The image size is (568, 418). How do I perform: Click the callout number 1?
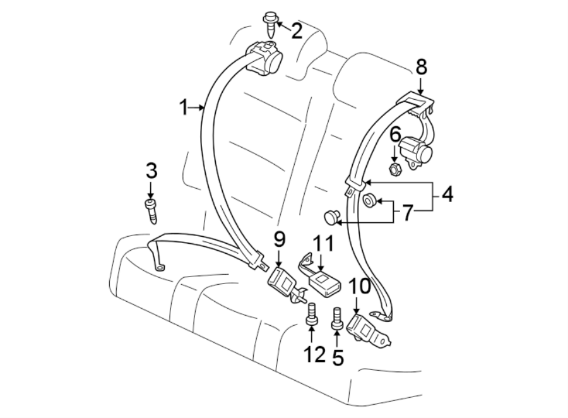[184, 108]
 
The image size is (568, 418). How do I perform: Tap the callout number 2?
[296, 29]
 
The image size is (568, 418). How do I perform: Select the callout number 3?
[150, 170]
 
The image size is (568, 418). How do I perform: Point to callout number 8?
[421, 68]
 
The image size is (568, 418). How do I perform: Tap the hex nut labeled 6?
[395, 169]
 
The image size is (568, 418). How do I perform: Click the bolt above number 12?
[311, 314]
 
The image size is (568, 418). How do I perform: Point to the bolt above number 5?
[336, 318]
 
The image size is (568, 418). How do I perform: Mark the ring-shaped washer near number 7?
[370, 201]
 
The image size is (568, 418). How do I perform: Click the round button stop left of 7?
[331, 217]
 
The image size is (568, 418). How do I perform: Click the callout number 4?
[447, 194]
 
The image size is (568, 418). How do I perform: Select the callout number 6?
[396, 134]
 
